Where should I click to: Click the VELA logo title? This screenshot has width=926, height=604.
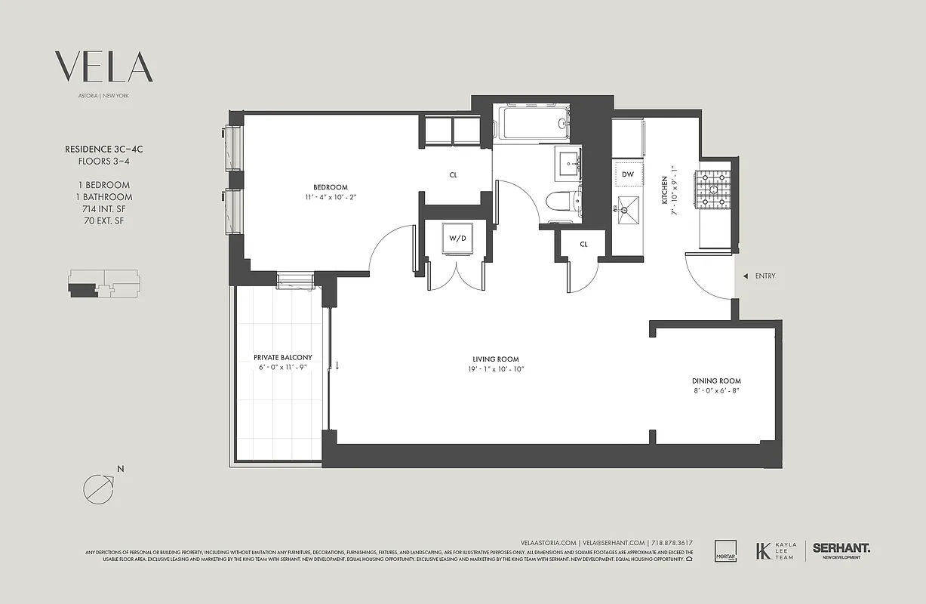(104, 67)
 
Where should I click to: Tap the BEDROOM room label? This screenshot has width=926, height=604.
(331, 187)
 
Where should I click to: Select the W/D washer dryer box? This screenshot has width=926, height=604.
(457, 239)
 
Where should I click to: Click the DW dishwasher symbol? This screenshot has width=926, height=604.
(627, 174)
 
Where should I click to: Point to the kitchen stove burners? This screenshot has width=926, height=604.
(713, 188)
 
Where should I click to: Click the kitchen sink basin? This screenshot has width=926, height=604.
(626, 206)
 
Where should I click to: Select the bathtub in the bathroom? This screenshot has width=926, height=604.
(533, 123)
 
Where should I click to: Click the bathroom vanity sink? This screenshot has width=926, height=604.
(569, 162)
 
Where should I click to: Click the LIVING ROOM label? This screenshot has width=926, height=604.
(496, 359)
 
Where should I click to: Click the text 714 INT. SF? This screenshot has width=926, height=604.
(103, 209)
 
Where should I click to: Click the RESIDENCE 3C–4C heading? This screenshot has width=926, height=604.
(103, 149)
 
